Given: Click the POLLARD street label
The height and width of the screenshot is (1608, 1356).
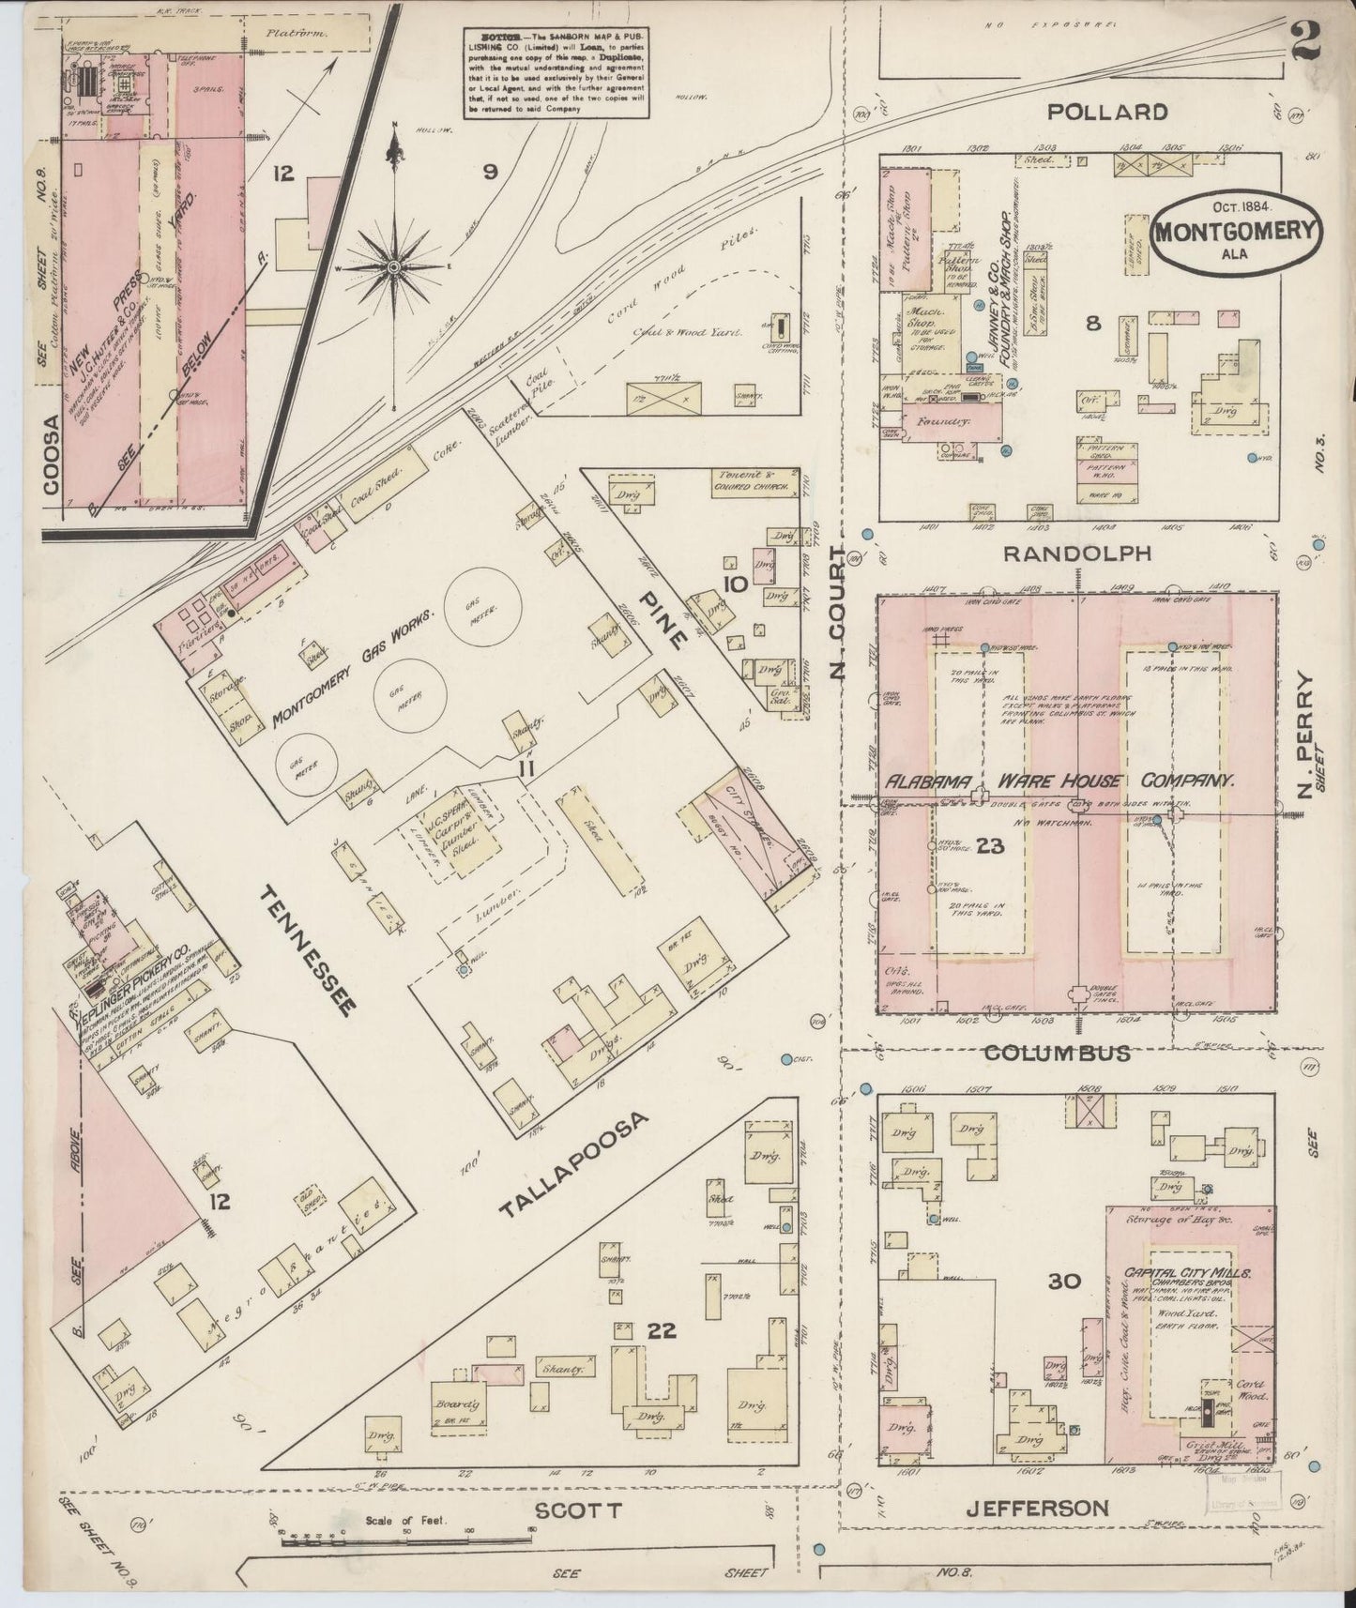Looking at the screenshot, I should tap(1107, 112).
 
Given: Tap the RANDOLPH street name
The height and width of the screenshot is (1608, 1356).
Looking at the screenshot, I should tap(1076, 554).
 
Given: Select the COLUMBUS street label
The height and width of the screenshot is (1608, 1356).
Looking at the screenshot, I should tap(1056, 1053).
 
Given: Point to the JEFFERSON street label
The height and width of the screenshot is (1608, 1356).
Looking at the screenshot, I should tap(1038, 1508).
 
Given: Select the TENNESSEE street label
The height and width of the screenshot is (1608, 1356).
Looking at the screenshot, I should tap(307, 949).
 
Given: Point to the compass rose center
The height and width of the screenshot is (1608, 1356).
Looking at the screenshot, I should tap(395, 266).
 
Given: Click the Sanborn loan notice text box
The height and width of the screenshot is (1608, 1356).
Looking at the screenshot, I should tap(556, 72).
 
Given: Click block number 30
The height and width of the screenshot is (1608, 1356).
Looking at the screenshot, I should tap(1064, 1281).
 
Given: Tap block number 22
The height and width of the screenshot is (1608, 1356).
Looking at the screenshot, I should tap(662, 1329).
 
